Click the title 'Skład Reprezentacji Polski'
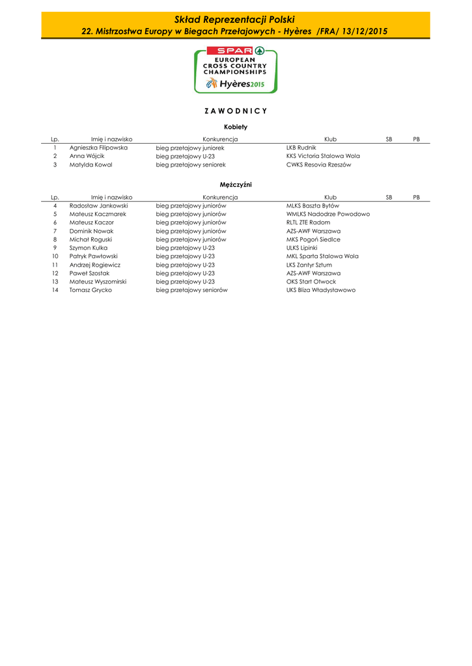(x=235, y=20)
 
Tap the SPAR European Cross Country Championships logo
(x=235, y=69)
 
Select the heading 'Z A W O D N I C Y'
(x=235, y=111)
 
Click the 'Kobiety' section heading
(x=235, y=127)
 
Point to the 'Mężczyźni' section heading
(x=235, y=185)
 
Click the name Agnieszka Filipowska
(x=98, y=148)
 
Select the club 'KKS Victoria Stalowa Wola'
(x=323, y=156)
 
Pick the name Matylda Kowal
(x=90, y=165)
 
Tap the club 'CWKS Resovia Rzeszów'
(x=318, y=165)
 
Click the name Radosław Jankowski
(x=98, y=206)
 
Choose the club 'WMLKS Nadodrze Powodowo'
(x=328, y=214)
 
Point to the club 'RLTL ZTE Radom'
(x=308, y=222)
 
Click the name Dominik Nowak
(x=91, y=231)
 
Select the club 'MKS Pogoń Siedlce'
(x=313, y=239)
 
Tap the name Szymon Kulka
(x=89, y=248)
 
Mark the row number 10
(x=55, y=256)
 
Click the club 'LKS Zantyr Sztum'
(x=309, y=265)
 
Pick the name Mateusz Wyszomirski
(x=98, y=282)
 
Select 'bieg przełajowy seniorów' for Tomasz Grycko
(x=191, y=290)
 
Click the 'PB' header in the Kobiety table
(x=417, y=139)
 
